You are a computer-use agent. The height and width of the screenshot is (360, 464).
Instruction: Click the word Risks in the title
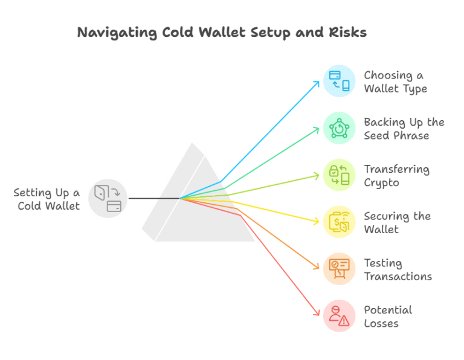click(x=348, y=32)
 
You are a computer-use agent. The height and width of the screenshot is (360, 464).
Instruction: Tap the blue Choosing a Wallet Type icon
click(x=339, y=81)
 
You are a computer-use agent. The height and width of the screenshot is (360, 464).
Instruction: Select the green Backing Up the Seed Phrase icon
click(x=339, y=128)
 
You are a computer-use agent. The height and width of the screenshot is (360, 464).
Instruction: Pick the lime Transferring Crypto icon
click(x=339, y=175)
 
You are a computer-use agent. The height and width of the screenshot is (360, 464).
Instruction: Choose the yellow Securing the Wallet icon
click(x=339, y=222)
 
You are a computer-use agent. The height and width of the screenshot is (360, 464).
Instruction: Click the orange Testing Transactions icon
click(x=339, y=269)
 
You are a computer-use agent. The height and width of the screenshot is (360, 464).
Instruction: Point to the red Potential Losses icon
click(x=339, y=316)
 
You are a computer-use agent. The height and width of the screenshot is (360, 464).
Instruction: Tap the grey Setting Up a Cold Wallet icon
click(x=108, y=198)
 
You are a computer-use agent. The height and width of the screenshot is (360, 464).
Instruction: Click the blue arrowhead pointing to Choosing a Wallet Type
click(x=317, y=84)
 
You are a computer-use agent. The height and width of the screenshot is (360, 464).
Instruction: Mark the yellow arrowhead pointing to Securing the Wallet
click(x=317, y=221)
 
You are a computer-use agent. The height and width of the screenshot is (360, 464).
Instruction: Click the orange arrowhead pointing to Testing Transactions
click(x=317, y=266)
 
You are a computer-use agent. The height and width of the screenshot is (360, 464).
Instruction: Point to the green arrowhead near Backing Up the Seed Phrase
click(x=317, y=129)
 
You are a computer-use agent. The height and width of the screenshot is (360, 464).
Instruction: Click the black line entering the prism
click(x=154, y=198)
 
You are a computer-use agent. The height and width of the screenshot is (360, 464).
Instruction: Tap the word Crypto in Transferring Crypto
click(x=381, y=183)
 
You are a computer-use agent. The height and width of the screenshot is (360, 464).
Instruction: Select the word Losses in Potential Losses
click(x=381, y=323)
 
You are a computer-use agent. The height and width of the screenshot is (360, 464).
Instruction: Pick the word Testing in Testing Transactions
click(x=383, y=263)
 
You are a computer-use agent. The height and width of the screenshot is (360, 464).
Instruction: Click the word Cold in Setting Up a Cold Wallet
click(x=29, y=205)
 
